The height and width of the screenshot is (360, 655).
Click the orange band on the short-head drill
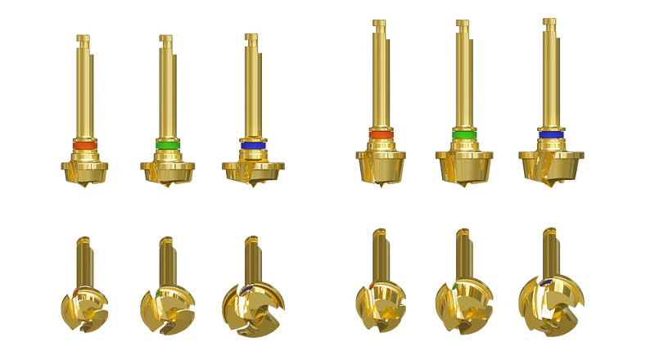coord(84,145)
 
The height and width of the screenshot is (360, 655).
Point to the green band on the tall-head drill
coord(464,133)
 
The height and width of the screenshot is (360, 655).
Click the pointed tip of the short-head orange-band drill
coord(85,189)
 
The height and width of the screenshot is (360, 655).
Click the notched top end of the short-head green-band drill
coord(165,38)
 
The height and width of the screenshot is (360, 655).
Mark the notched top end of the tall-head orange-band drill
coord(380,23)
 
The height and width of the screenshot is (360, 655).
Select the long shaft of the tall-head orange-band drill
coord(381,82)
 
